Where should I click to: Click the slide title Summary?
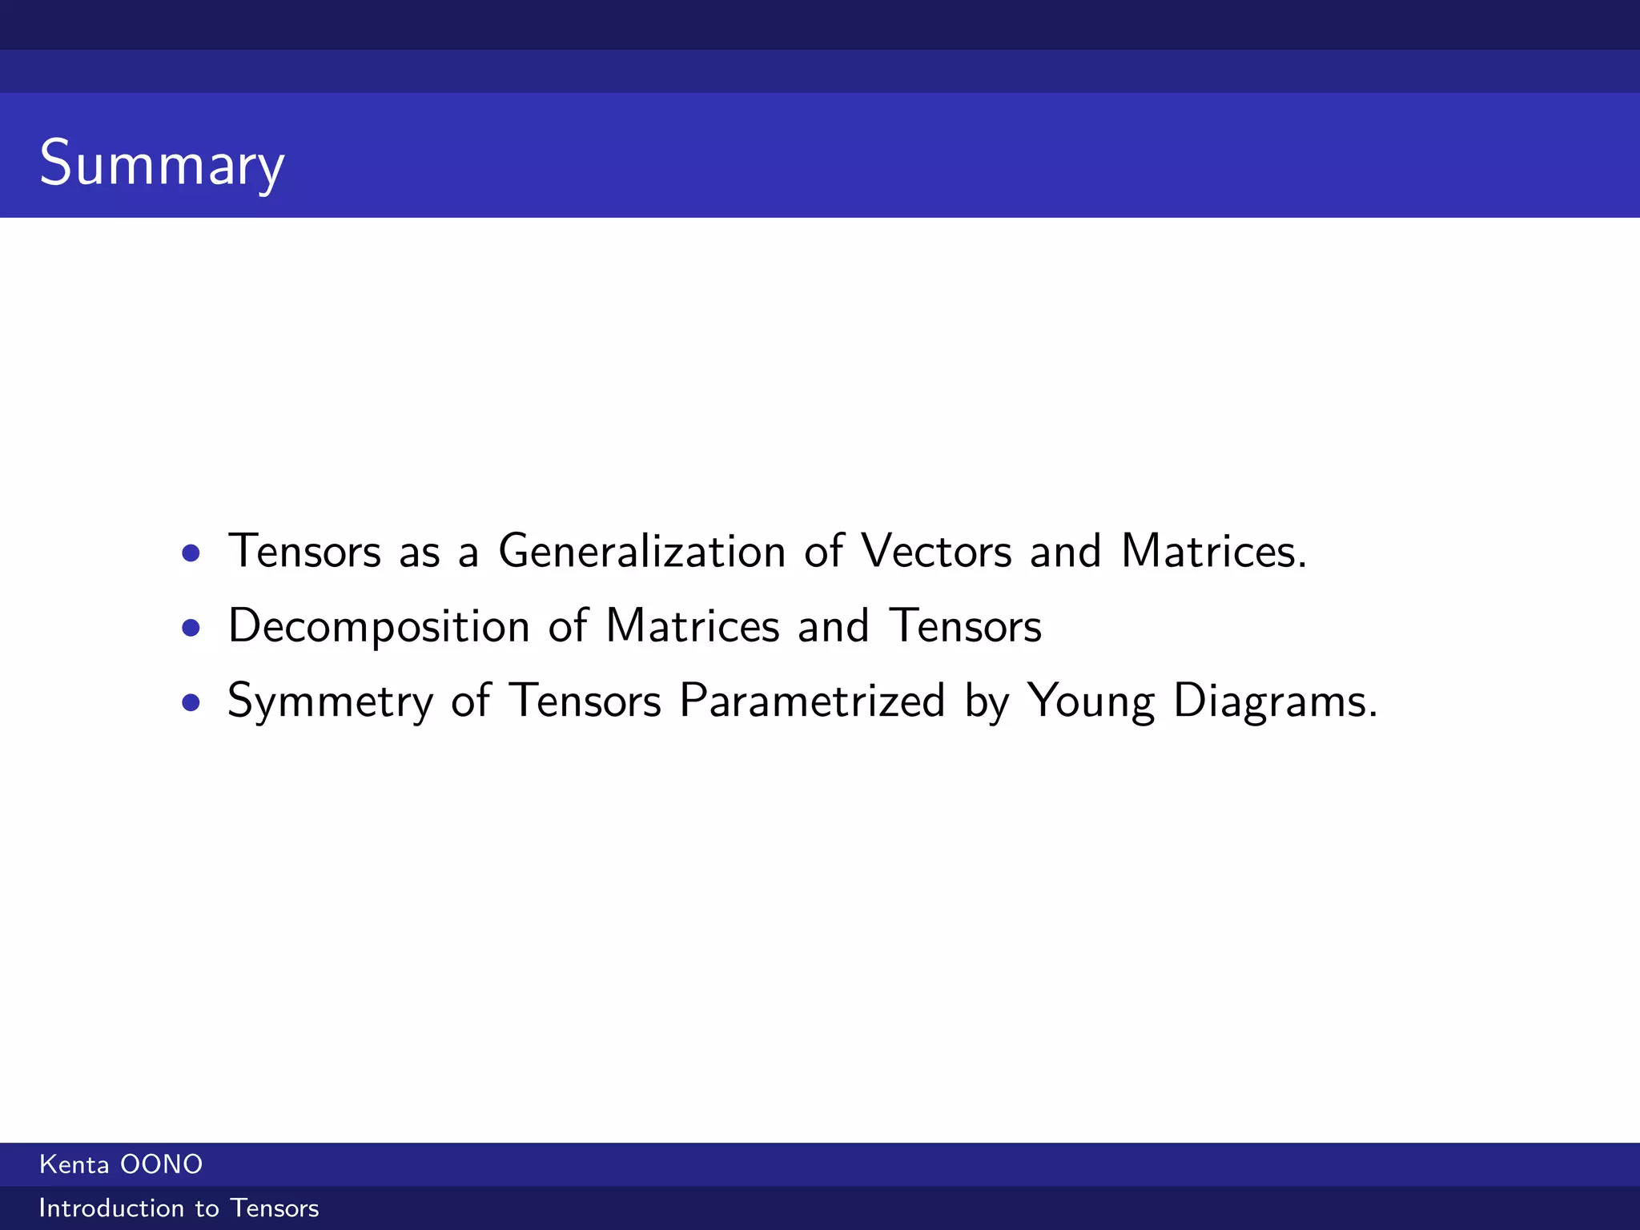162,163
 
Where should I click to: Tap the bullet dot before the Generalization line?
191,553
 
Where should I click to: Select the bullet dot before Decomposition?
191,628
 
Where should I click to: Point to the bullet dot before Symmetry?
191,702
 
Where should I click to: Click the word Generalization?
641,552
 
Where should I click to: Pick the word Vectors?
936,552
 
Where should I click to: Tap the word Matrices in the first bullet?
1213,552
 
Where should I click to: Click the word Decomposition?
379,627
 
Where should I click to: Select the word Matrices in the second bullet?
693,626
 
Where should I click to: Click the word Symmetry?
330,702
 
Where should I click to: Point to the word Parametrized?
812,701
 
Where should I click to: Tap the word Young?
1091,702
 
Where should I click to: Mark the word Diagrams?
1275,702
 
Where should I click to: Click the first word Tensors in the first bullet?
304,552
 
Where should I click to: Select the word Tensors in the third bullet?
585,701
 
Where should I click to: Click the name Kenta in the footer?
74,1164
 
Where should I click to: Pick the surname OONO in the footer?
162,1164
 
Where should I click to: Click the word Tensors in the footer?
274,1208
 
